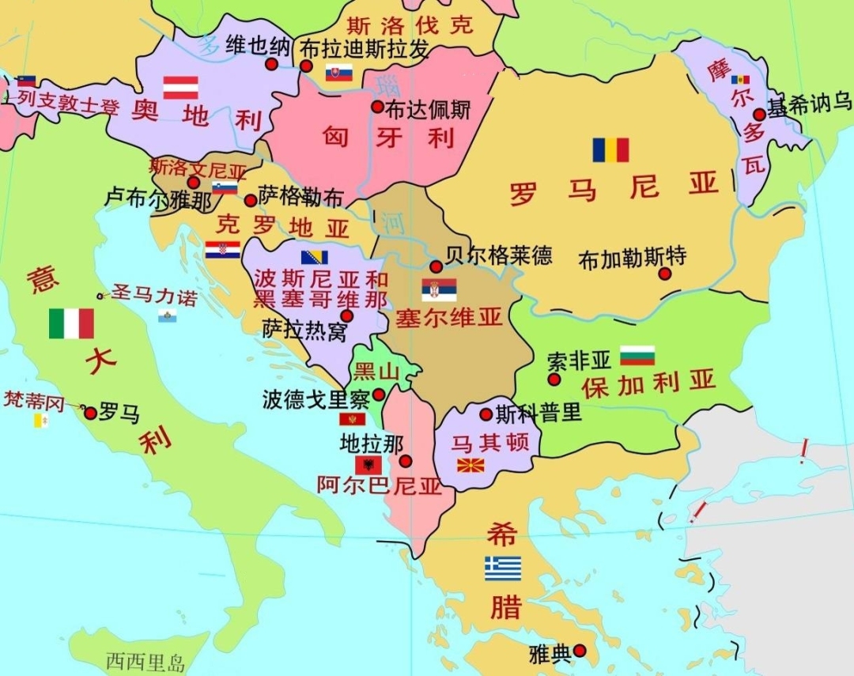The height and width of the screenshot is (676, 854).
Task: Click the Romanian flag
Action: point(610,149)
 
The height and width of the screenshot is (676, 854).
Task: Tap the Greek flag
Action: point(503,568)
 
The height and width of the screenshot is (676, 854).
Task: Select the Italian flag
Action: point(71,323)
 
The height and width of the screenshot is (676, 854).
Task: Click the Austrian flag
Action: point(180,87)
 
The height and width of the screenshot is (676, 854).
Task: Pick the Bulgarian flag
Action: point(637,356)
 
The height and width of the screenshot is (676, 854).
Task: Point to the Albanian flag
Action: point(368,464)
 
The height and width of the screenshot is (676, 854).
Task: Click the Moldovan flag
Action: point(740,80)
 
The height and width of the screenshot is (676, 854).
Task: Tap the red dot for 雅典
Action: point(580,651)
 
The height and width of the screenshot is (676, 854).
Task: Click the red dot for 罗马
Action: point(90,413)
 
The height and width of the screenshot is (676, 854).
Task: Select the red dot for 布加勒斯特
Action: point(665,274)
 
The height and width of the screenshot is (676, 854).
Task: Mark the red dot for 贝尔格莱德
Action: point(436,266)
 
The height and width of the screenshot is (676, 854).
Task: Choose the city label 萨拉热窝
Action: point(304,330)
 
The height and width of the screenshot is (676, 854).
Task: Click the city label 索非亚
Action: point(580,361)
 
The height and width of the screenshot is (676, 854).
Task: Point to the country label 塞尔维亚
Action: point(449,319)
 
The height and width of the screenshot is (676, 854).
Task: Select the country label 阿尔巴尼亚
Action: point(379,485)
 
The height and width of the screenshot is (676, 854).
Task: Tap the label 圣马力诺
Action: point(154,296)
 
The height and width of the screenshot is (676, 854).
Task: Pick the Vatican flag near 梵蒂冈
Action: point(40,421)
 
